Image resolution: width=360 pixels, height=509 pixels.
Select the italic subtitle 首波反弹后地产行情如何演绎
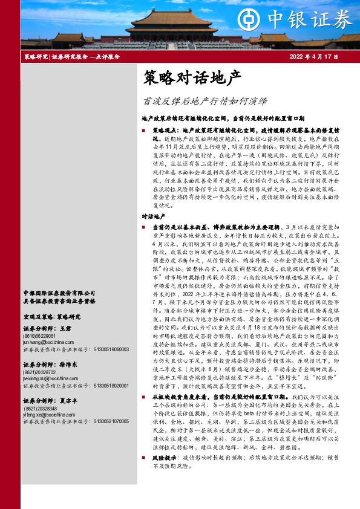pyautogui.click(x=200, y=101)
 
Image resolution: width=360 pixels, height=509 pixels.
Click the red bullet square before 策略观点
pyautogui.click(x=143, y=131)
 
